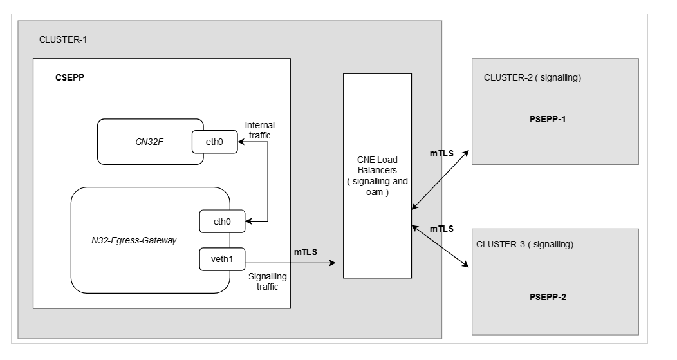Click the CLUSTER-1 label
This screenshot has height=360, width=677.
[63, 40]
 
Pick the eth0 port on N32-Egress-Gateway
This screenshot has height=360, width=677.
[215, 222]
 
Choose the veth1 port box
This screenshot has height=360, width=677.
[215, 259]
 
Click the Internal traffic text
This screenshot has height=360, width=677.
[260, 129]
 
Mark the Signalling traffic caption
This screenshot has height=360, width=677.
[268, 281]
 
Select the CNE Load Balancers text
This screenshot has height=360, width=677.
[377, 176]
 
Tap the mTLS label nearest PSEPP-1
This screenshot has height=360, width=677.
[443, 154]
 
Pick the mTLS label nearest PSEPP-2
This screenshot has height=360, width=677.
[441, 229]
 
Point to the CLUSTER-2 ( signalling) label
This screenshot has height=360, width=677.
[532, 77]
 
